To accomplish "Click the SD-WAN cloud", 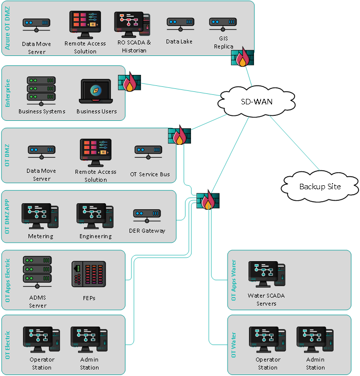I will click(250, 101).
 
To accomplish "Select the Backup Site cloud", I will click(319, 186).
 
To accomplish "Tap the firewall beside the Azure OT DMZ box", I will click(242, 57).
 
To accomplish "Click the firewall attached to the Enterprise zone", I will click(129, 83).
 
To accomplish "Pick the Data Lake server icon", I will click(180, 24).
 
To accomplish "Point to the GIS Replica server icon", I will click(223, 24).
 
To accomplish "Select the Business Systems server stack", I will click(41, 89).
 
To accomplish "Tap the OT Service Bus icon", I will click(148, 152).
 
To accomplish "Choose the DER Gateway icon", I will click(147, 215).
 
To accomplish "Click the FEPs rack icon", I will click(88, 274).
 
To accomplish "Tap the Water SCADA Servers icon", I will click(266, 274).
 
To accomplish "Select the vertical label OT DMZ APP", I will click(7, 216).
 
